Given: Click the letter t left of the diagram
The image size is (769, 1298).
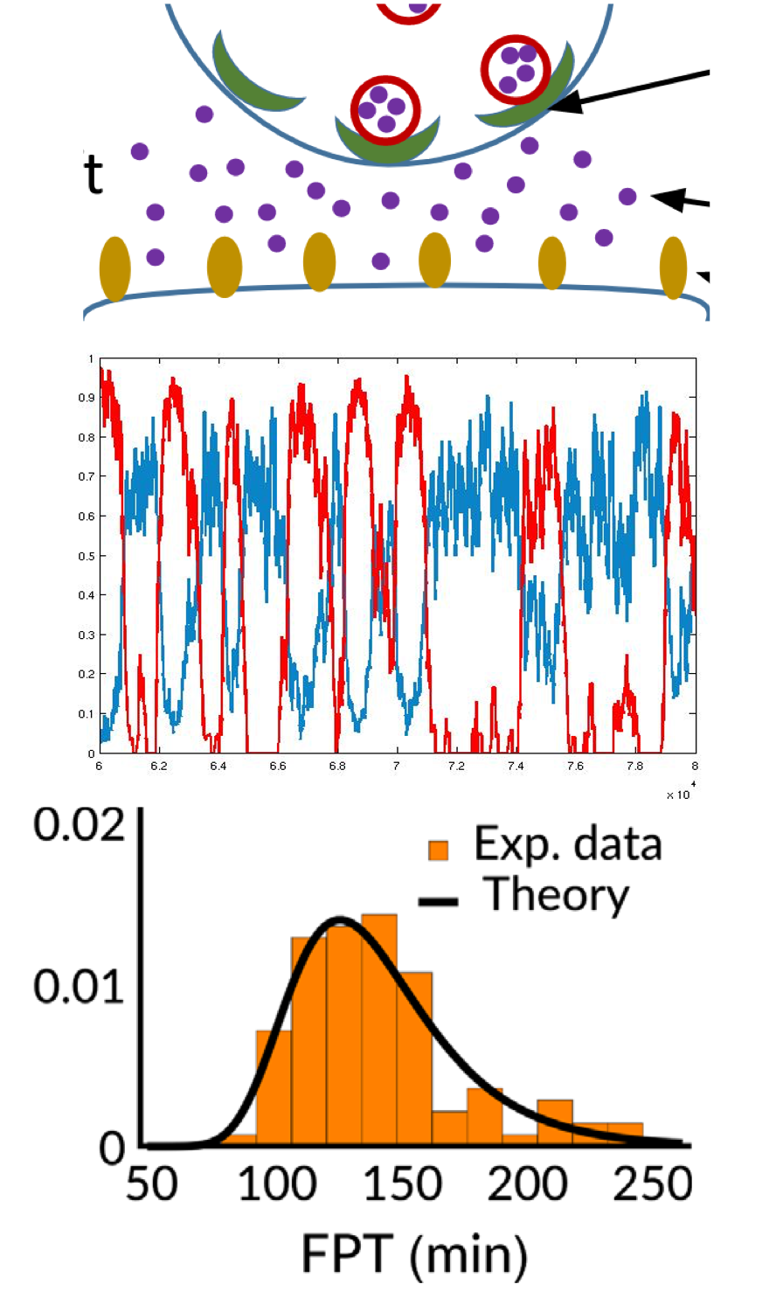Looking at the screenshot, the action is (x=94, y=173).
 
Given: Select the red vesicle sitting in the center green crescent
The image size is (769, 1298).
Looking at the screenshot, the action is (x=384, y=110).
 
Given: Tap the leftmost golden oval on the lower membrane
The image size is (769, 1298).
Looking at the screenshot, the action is (x=114, y=268).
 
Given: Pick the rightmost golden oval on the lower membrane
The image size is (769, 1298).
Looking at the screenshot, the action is (x=673, y=267).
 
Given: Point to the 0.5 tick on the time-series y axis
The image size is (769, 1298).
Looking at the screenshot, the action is (x=86, y=556).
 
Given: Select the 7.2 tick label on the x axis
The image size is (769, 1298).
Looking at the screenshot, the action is (x=456, y=766).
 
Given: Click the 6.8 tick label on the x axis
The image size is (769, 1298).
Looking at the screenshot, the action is (x=337, y=766).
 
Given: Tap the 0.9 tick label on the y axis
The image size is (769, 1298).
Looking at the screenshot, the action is (x=86, y=398).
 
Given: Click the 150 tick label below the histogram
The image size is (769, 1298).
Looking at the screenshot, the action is (x=402, y=1184).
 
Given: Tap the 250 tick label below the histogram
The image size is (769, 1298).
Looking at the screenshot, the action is (x=653, y=1184).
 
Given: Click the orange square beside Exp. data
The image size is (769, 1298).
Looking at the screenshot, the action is (x=438, y=850).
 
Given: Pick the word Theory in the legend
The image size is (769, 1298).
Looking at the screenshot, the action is (x=557, y=895).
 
